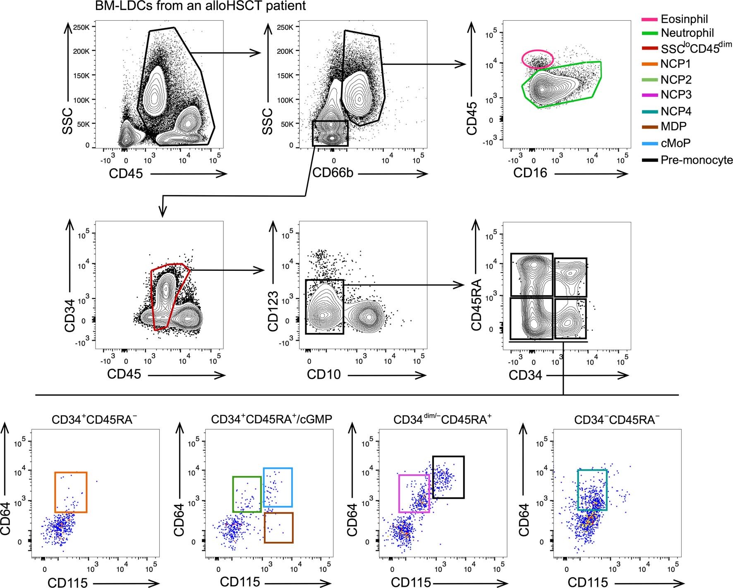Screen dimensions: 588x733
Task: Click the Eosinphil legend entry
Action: point(684,19)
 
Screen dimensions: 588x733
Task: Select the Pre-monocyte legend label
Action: point(696,160)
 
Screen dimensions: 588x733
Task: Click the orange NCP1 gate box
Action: point(71,492)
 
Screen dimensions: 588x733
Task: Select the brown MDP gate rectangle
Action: point(278,528)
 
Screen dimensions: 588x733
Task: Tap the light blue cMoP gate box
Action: point(278,487)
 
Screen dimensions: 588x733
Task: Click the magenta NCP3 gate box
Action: point(414,493)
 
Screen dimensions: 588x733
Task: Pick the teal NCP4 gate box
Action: point(592,490)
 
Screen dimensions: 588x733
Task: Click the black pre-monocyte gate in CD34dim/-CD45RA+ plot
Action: point(448,477)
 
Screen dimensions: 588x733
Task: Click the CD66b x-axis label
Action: point(333,173)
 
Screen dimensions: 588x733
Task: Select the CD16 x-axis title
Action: point(530,173)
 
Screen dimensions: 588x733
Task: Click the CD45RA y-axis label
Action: point(477,305)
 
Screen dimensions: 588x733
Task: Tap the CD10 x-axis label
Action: point(323,375)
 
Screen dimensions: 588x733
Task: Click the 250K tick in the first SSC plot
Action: point(81,27)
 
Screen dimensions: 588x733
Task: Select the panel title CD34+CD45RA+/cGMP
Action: point(271,419)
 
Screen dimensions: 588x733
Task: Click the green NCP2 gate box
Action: point(247,494)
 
